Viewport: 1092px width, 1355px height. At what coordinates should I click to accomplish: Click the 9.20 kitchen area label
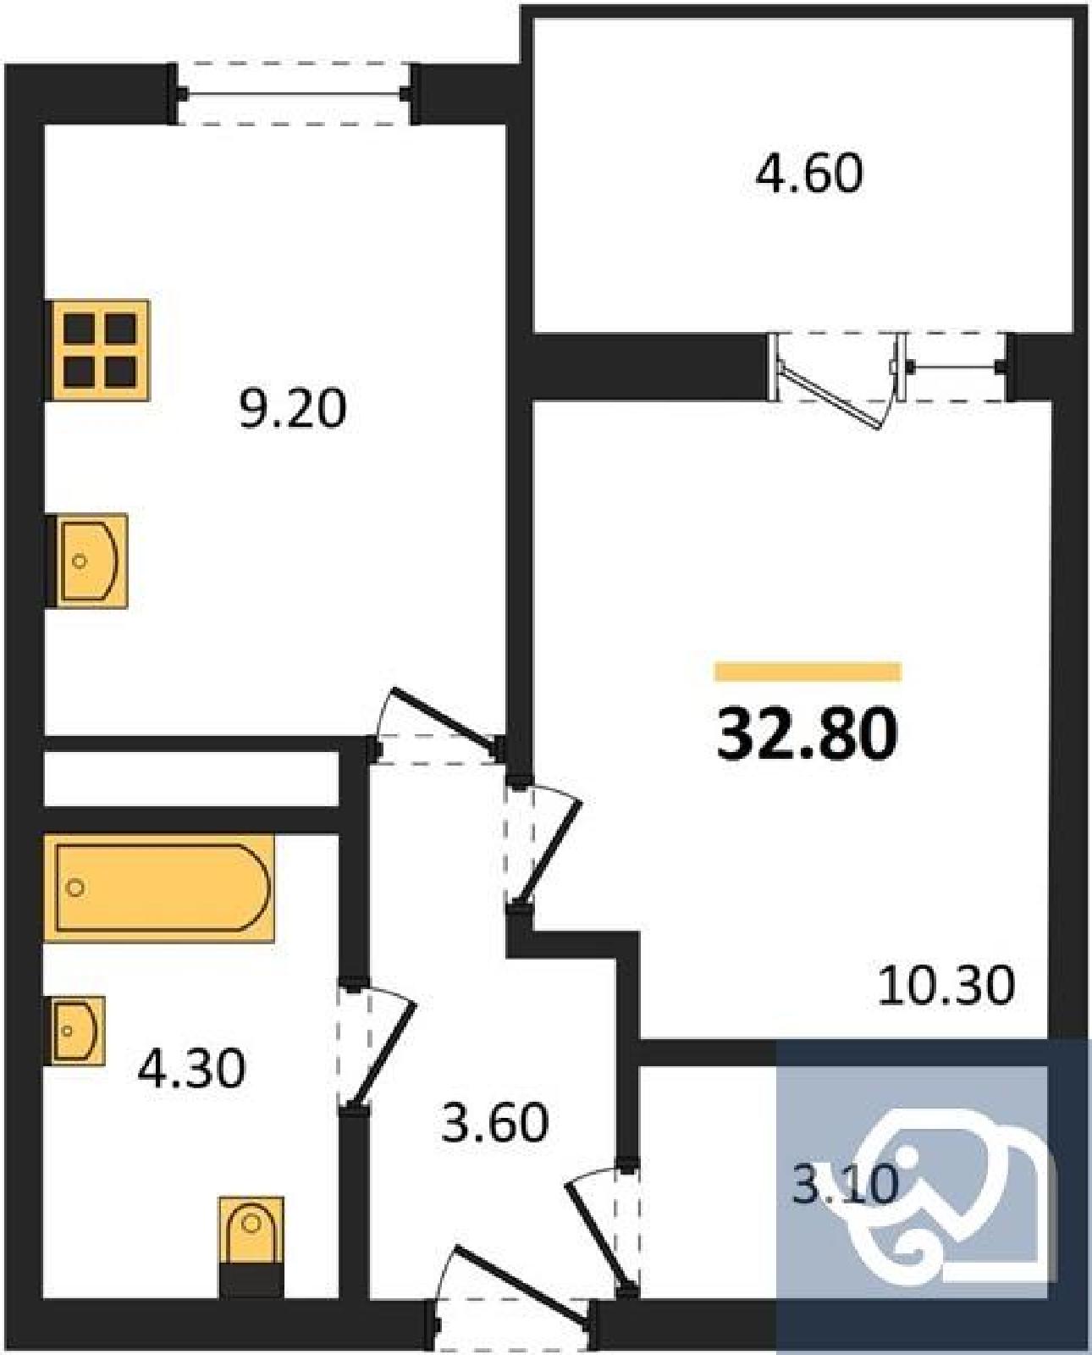pos(293,408)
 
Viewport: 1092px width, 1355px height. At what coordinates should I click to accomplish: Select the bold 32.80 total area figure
pos(807,733)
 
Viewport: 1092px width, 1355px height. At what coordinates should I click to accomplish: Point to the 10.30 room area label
pos(946,986)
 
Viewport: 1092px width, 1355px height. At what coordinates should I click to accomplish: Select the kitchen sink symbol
pos(87,561)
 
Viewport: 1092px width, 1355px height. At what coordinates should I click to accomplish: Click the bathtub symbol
pos(159,888)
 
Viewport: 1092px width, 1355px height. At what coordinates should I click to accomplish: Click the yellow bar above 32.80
pos(808,672)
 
